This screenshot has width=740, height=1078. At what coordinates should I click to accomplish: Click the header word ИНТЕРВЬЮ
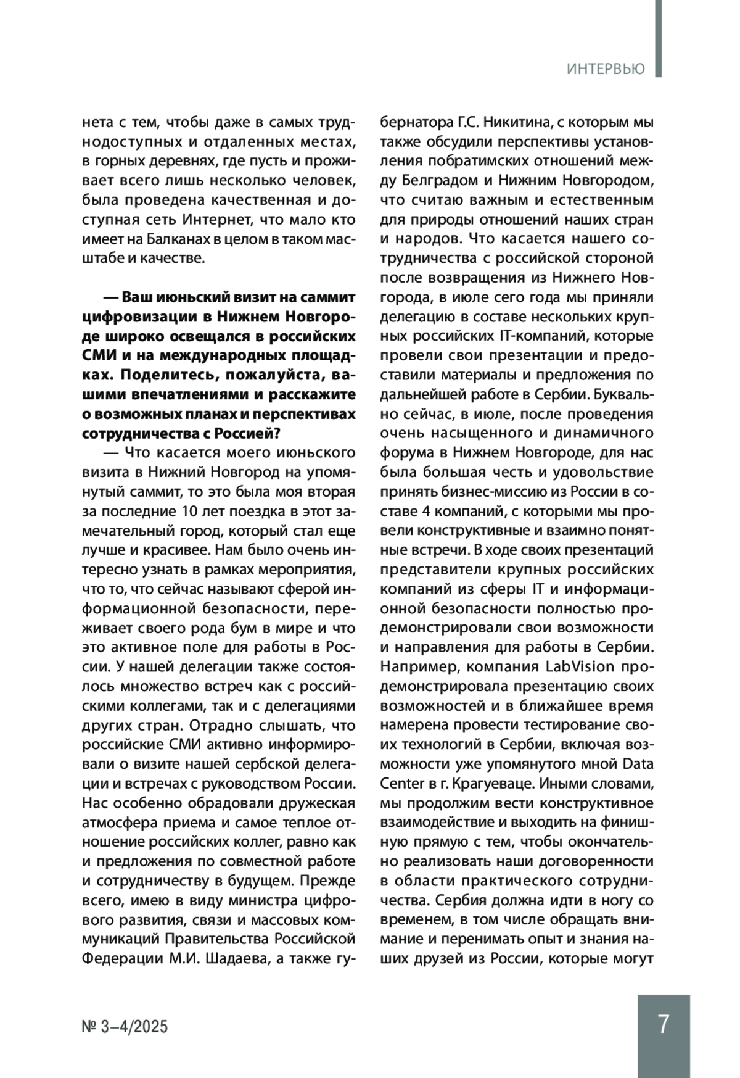(606, 68)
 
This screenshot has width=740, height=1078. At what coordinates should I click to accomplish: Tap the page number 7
(663, 1024)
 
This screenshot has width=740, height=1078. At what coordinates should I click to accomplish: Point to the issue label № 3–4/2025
(125, 1027)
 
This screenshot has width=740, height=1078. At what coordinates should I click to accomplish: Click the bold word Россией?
(239, 433)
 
